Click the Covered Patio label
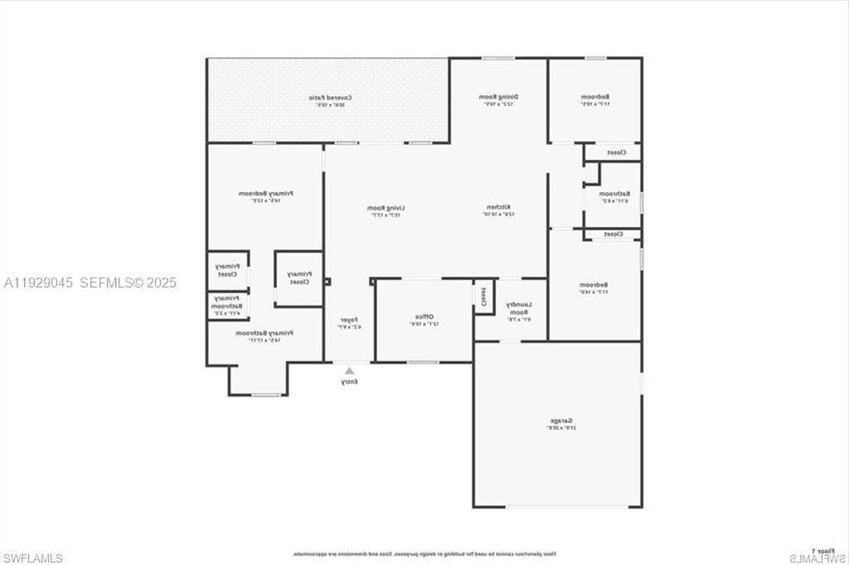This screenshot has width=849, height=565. pyautogui.click(x=328, y=98)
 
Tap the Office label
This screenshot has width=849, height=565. pyautogui.click(x=423, y=317)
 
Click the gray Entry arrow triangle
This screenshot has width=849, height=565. pyautogui.click(x=349, y=371)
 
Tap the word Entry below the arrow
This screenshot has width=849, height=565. pyautogui.click(x=349, y=382)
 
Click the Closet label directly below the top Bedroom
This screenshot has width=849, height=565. pyautogui.click(x=615, y=152)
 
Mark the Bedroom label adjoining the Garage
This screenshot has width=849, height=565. pyautogui.click(x=594, y=286)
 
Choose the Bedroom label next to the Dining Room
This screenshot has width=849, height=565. pyautogui.click(x=594, y=98)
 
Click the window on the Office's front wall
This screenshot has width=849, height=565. pyautogui.click(x=423, y=362)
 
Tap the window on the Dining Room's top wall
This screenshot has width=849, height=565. pyautogui.click(x=497, y=58)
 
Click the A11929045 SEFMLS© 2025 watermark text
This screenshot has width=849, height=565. pyautogui.click(x=90, y=282)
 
